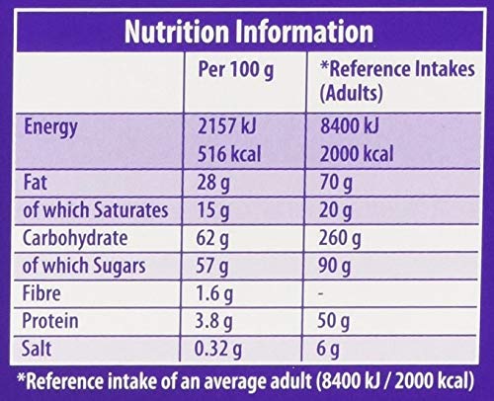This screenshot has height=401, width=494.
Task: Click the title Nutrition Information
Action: tap(247, 32)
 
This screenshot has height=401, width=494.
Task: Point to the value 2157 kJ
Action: tap(234, 126)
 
